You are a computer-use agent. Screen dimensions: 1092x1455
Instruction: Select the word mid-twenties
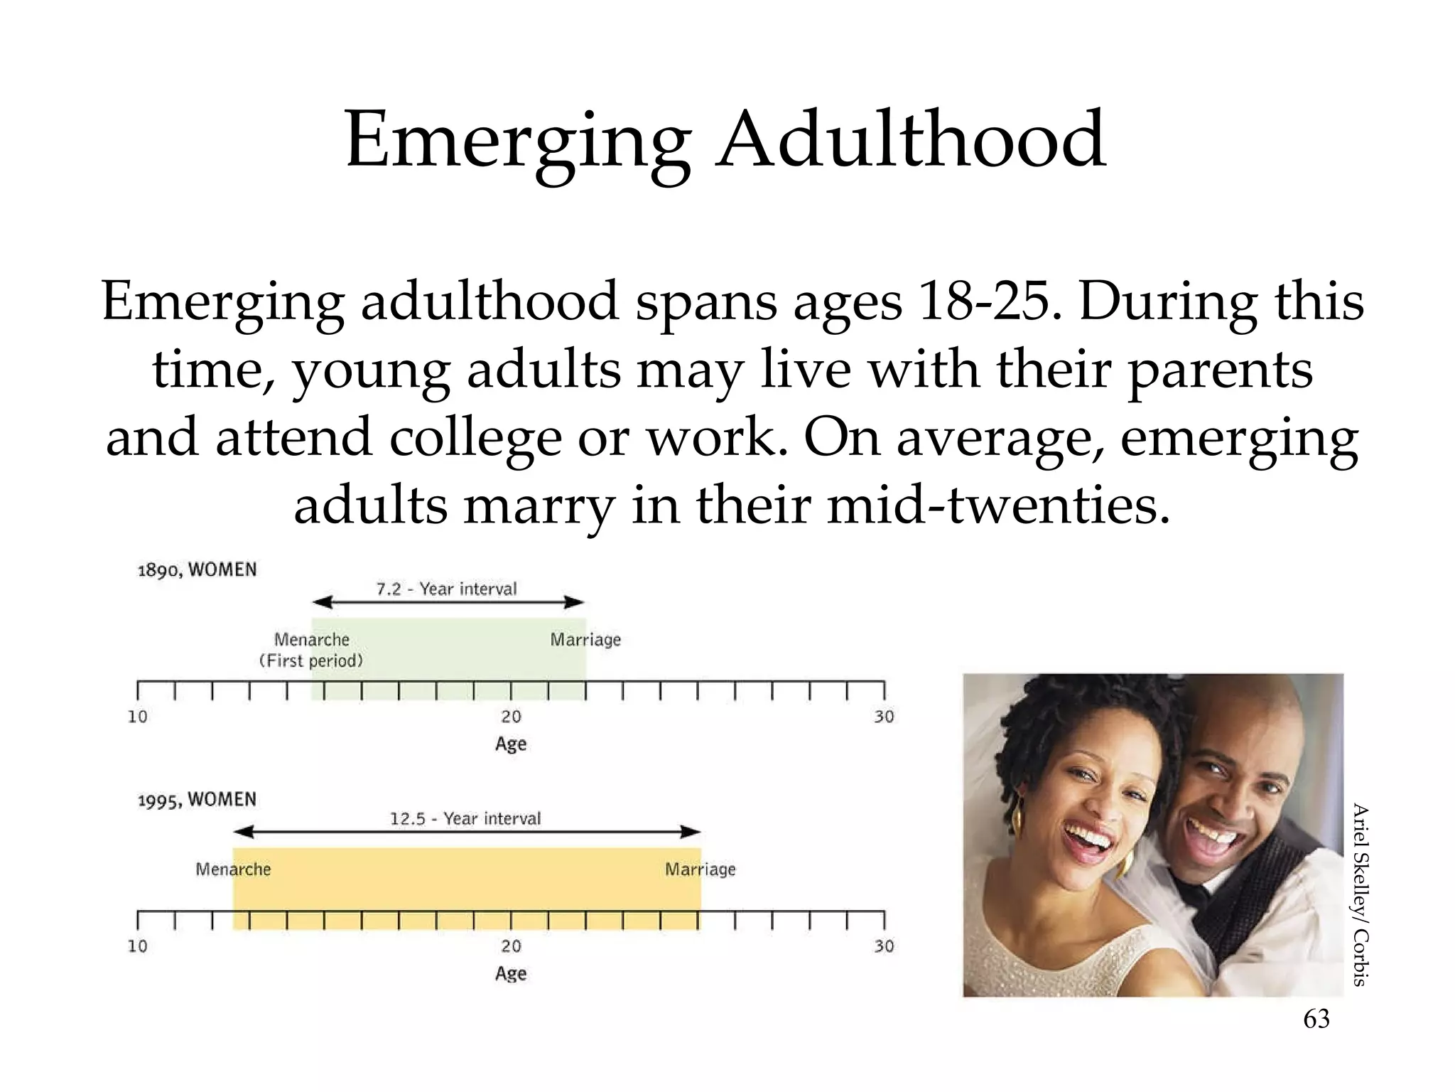click(997, 506)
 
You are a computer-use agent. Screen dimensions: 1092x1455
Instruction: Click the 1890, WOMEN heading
click(197, 570)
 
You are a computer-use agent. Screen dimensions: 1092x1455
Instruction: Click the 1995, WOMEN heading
click(197, 800)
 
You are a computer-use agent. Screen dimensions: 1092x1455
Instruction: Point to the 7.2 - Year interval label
click(446, 589)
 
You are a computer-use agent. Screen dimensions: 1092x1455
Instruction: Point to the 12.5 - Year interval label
click(465, 818)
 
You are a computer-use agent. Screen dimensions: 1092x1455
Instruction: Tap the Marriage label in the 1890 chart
click(585, 640)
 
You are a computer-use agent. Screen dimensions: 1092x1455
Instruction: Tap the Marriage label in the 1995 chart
click(701, 869)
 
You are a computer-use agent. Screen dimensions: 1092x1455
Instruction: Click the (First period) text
click(311, 661)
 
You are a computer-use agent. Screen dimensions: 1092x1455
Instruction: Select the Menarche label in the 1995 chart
click(233, 869)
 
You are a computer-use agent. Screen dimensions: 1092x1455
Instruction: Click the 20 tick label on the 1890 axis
click(511, 717)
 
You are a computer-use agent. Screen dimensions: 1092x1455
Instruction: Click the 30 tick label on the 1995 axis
click(884, 946)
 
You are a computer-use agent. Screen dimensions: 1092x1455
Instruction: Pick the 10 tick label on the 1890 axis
click(138, 717)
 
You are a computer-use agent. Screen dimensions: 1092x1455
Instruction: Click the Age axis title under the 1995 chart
click(511, 973)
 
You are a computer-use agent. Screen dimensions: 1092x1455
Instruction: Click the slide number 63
click(1316, 1019)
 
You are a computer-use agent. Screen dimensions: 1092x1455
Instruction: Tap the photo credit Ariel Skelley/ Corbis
click(1359, 894)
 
